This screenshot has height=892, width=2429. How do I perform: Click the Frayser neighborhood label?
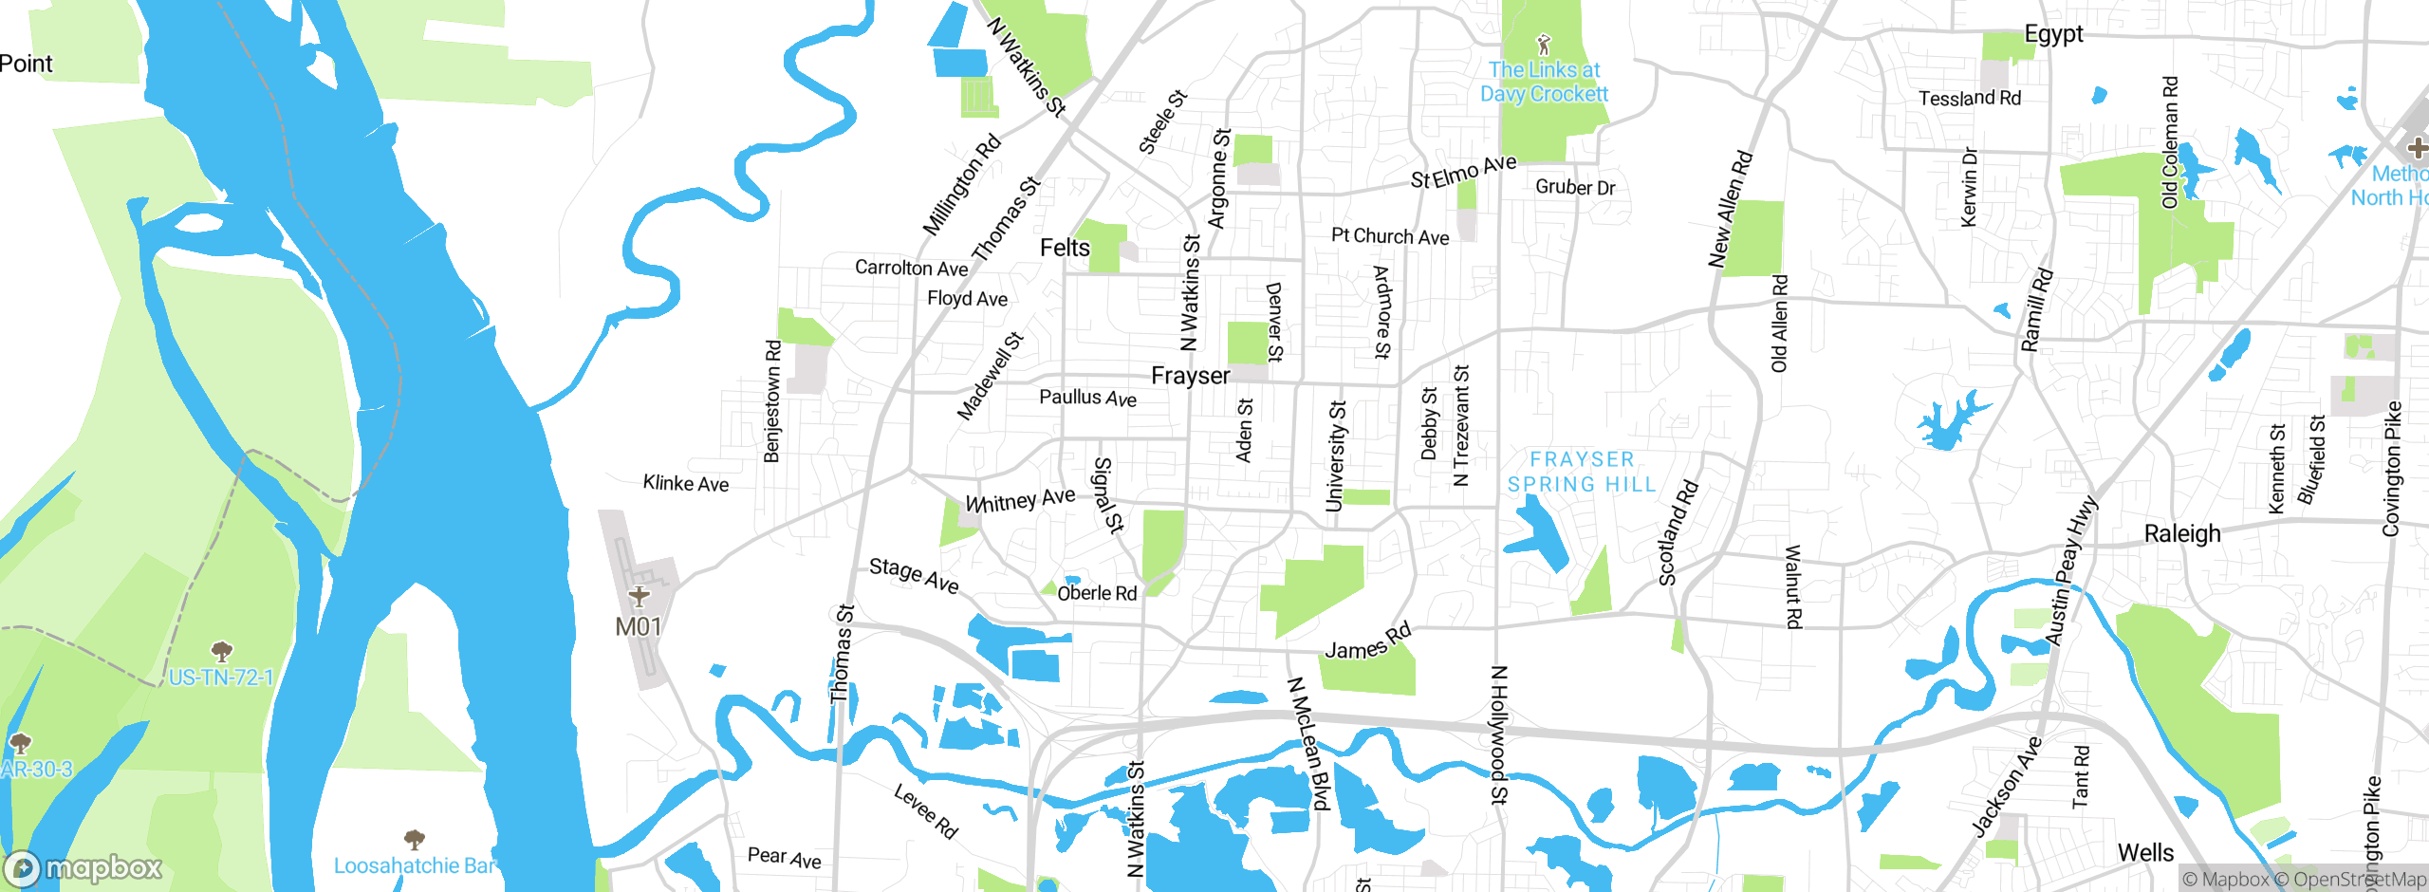pos(1190,376)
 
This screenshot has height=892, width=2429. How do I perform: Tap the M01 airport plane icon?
pos(639,596)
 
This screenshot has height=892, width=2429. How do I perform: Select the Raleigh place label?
pos(2182,533)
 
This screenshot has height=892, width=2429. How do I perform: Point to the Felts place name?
pos(1065,248)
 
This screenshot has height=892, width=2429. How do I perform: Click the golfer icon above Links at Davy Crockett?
pos(1544,44)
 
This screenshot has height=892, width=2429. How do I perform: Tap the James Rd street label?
pos(1368,642)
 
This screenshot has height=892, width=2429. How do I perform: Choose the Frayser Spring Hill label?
pos(1582,472)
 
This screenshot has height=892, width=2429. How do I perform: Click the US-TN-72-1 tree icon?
pos(221,651)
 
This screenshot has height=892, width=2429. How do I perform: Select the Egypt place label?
pos(2053,34)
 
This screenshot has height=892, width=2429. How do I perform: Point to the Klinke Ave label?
pos(686,483)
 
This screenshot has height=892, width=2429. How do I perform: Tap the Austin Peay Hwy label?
pos(2072,570)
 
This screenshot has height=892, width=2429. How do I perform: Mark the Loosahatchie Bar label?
pos(415,865)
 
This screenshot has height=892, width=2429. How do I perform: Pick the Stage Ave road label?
pos(914,574)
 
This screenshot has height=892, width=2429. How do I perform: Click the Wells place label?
pos(2145,852)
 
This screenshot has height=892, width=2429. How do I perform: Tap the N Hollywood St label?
pos(1498,735)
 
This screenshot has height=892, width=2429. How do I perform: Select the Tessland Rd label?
pos(1970,98)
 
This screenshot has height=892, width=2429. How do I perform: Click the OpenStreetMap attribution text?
pos(2359,880)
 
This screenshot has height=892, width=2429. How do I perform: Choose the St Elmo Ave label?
pos(1463,172)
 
